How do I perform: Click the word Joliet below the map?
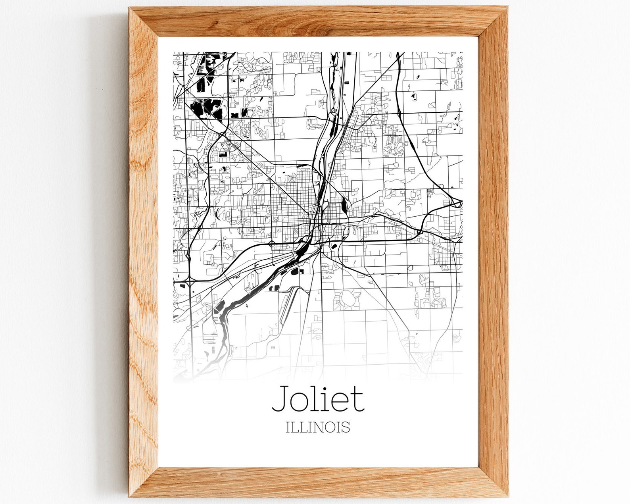318,398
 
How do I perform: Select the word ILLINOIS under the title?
318,427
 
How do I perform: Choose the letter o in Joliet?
300,402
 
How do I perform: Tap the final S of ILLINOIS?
346,427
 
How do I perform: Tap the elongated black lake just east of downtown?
343,205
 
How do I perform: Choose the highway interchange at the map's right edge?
458,204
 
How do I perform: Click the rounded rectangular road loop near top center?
307,87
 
